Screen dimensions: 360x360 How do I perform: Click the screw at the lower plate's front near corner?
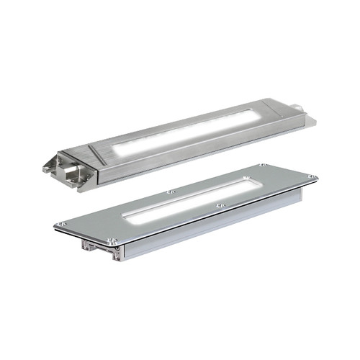click(x=112, y=240)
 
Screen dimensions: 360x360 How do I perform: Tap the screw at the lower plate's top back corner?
click(x=263, y=165)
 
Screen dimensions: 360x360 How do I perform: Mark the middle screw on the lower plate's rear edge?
click(x=170, y=192)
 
